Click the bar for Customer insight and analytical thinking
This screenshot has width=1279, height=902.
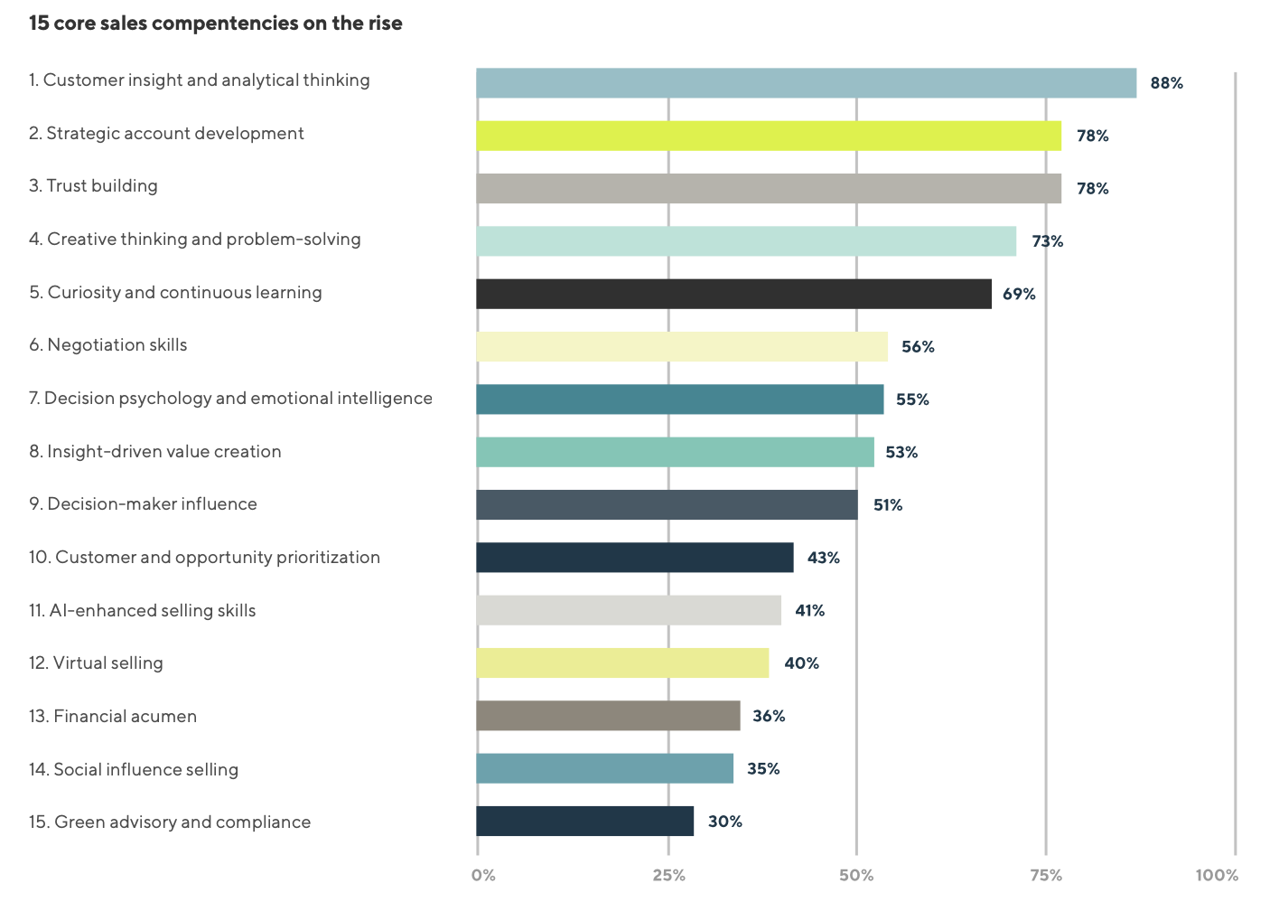tap(806, 83)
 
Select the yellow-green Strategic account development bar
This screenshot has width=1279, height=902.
tap(769, 136)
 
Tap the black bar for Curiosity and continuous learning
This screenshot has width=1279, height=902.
tap(733, 294)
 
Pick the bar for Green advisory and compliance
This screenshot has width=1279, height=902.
tap(584, 821)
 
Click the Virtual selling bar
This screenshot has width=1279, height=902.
tap(622, 662)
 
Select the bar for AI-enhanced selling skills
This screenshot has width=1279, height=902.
tap(629, 610)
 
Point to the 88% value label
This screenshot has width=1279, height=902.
tap(1166, 83)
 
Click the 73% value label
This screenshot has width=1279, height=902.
tap(1047, 241)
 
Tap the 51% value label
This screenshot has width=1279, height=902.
tap(887, 505)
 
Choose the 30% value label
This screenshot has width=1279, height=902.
tap(724, 822)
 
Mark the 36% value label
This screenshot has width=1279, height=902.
tap(769, 716)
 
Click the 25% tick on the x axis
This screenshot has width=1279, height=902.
tap(668, 875)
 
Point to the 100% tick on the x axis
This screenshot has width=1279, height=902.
tap(1217, 875)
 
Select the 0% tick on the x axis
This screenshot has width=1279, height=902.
tap(483, 875)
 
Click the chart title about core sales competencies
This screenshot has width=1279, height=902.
tap(216, 23)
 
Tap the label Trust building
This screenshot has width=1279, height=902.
tap(93, 186)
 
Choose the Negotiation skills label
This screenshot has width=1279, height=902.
tap(108, 345)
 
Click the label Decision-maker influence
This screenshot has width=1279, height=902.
tap(143, 504)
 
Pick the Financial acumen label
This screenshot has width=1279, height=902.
tap(113, 717)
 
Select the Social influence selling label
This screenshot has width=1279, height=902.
tap(134, 769)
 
